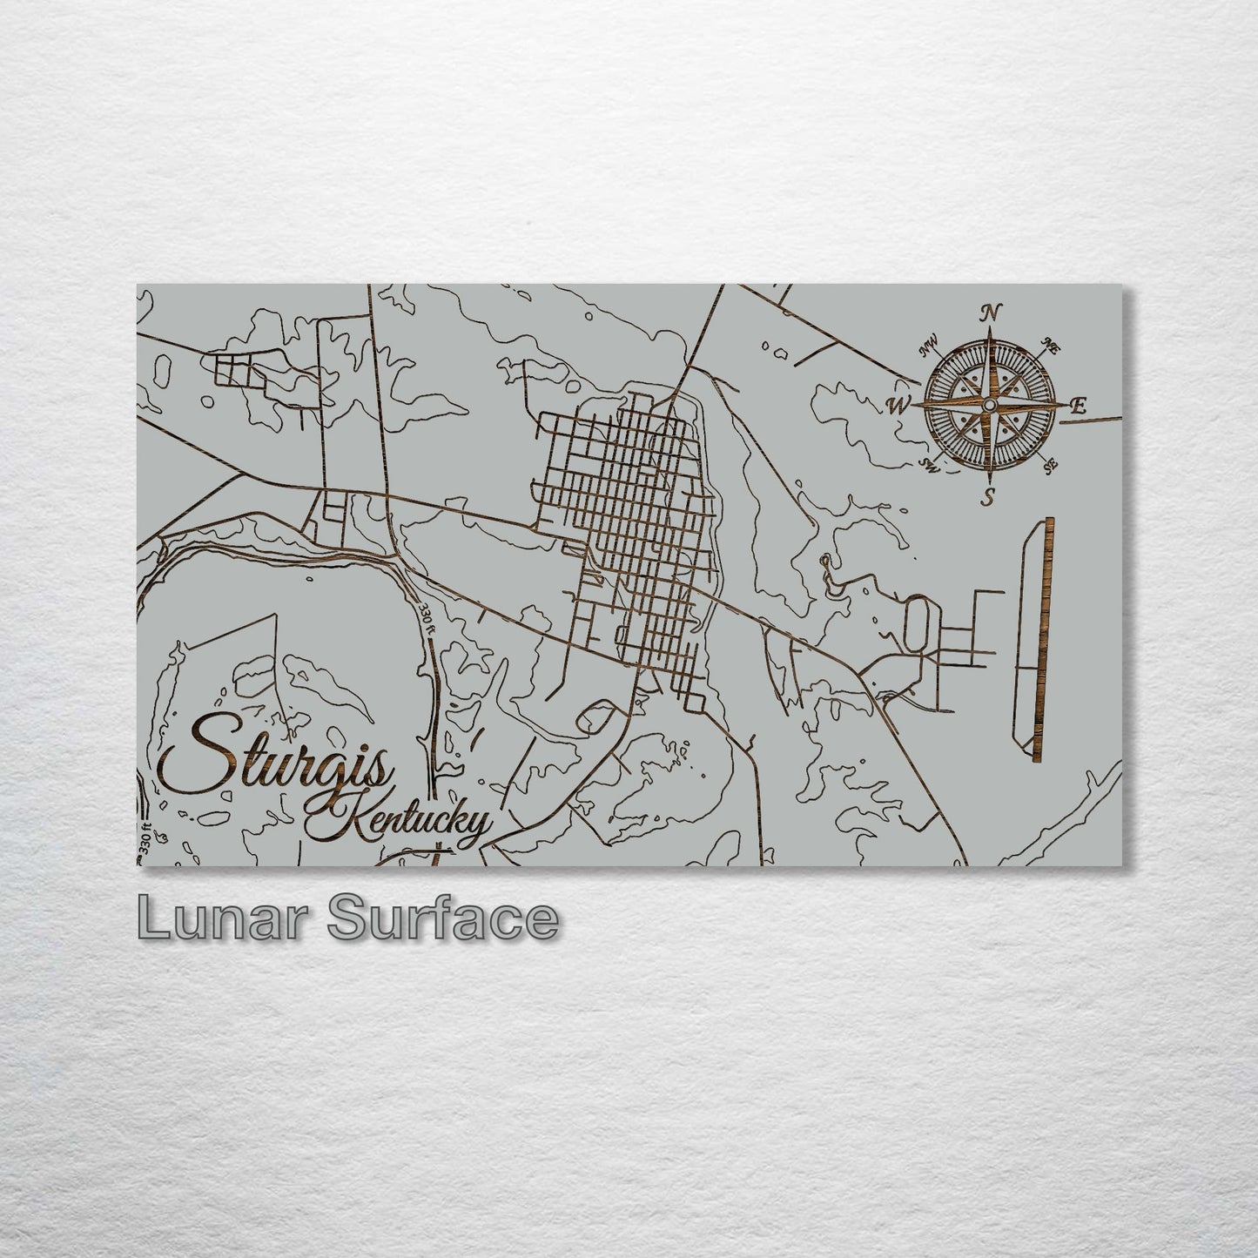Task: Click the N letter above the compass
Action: pos(989,313)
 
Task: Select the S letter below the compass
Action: pos(989,498)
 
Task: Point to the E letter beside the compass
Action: pos(1079,405)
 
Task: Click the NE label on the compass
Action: pos(1050,346)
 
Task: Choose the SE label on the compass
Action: pos(1050,466)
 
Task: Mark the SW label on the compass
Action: pos(929,466)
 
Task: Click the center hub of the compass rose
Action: pos(989,406)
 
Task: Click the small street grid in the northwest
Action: pos(236,369)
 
